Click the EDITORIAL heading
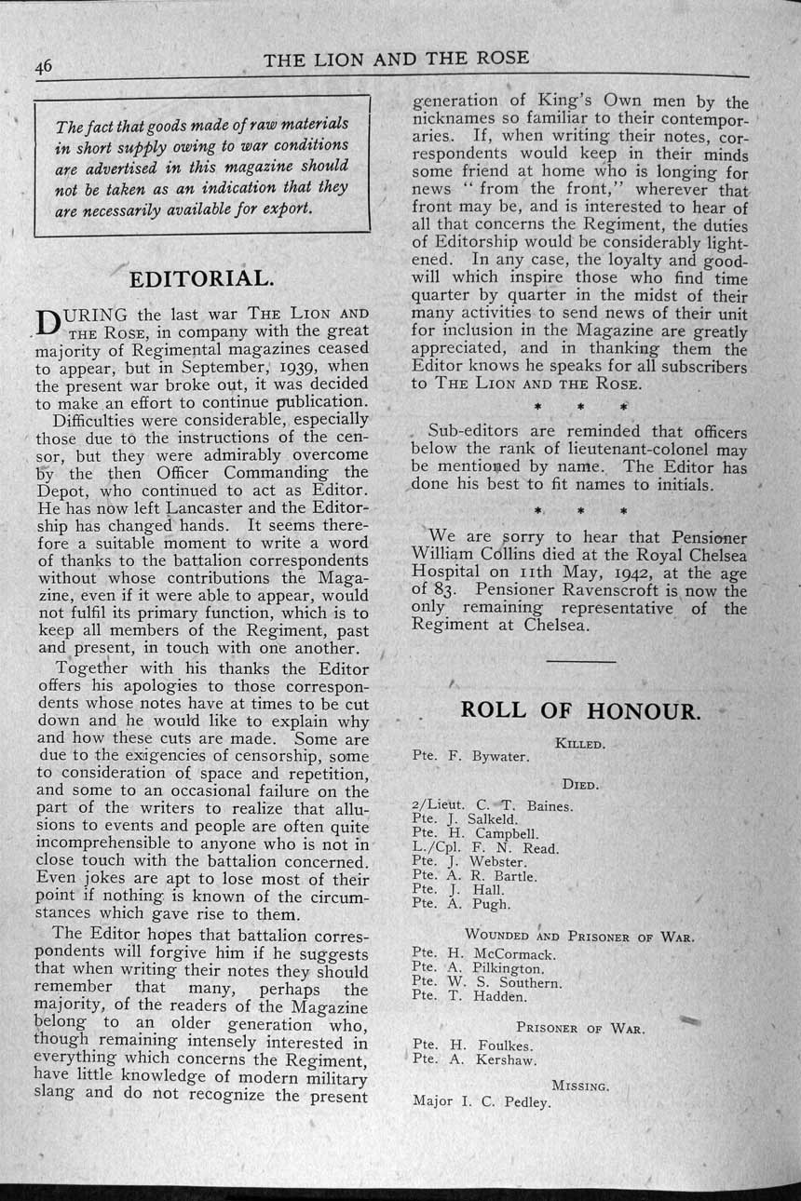click(x=201, y=278)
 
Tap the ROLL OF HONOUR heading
click(x=579, y=710)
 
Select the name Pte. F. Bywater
click(x=470, y=757)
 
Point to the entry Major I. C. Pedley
click(x=482, y=1101)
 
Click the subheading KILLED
click(x=579, y=743)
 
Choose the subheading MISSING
click(x=580, y=1086)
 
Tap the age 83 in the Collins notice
click(x=442, y=590)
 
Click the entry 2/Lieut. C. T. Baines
click(x=492, y=805)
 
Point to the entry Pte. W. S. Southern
click(x=486, y=982)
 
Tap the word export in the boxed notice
click(x=286, y=207)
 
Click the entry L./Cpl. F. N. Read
click(x=484, y=848)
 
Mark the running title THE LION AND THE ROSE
click(x=396, y=60)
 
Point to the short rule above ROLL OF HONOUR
click(x=581, y=662)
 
